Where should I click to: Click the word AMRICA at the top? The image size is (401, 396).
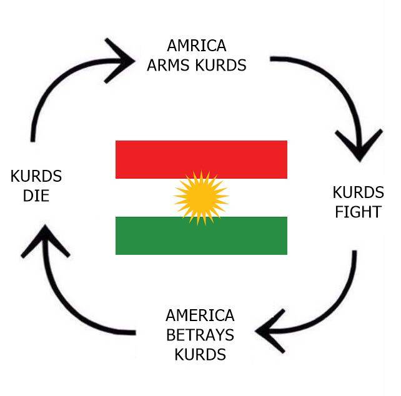tap(196, 46)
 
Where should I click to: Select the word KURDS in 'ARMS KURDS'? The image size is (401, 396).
tap(220, 64)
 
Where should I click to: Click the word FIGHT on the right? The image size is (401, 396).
tap(357, 212)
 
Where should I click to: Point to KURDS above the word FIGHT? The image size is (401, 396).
tap(358, 192)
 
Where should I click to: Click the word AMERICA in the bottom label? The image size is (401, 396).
tap(200, 315)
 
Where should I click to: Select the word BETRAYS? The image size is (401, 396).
tap(200, 335)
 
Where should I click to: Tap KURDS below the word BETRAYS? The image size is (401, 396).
tap(200, 355)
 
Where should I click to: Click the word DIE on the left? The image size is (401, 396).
tap(36, 196)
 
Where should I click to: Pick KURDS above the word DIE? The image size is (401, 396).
tap(36, 176)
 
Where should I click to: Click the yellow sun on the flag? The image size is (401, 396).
tap(200, 197)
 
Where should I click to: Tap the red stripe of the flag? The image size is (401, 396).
tap(200, 159)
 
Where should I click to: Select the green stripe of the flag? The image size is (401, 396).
tap(200, 235)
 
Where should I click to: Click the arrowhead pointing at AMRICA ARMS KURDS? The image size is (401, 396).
tap(122, 60)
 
